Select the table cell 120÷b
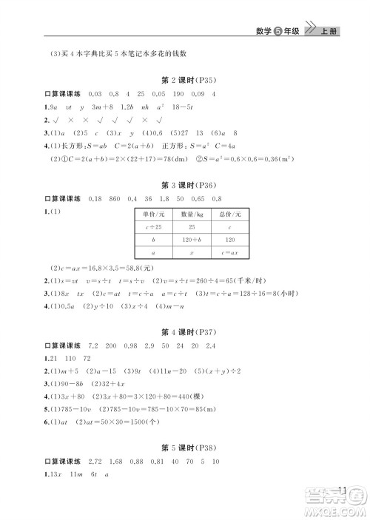(x=192, y=240)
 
